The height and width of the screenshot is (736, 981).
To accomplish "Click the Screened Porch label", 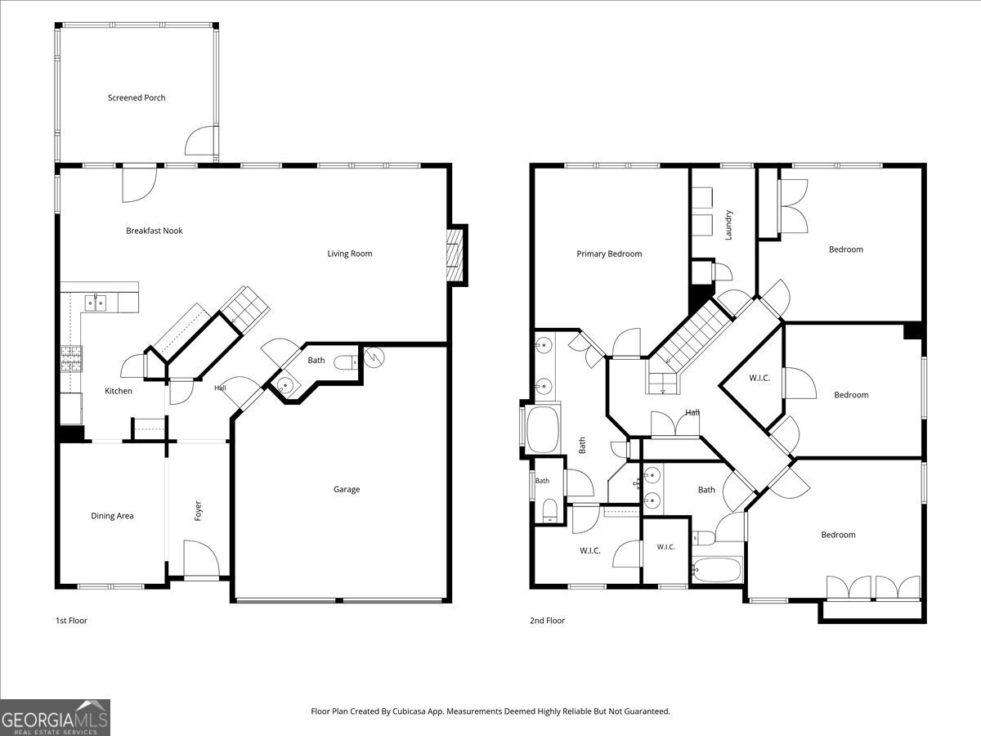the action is pyautogui.click(x=137, y=98).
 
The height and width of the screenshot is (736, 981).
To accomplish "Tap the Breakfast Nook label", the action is pyautogui.click(x=155, y=231).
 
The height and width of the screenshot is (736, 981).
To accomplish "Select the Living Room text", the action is pyautogui.click(x=350, y=254).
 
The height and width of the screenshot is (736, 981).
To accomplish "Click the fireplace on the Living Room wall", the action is pyautogui.click(x=455, y=255).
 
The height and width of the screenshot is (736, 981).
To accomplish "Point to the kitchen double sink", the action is pyautogui.click(x=96, y=303).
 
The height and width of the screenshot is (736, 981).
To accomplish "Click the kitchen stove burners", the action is pyautogui.click(x=71, y=359).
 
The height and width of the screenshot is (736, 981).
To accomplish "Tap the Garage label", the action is pyautogui.click(x=347, y=489).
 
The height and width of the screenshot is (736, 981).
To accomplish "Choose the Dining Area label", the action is pyautogui.click(x=112, y=516).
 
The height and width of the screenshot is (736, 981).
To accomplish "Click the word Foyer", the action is pyautogui.click(x=198, y=511).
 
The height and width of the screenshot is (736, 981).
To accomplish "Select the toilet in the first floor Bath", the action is pyautogui.click(x=346, y=362).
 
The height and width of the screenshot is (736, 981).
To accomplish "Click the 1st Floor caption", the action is pyautogui.click(x=71, y=620).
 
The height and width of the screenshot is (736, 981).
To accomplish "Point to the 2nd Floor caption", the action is pyautogui.click(x=547, y=620).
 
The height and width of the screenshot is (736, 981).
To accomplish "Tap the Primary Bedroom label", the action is pyautogui.click(x=609, y=254).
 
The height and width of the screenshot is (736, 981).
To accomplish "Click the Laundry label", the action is pyautogui.click(x=728, y=225).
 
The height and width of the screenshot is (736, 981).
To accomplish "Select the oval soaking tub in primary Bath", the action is pyautogui.click(x=543, y=429).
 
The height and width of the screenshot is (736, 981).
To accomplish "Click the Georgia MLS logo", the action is pyautogui.click(x=55, y=717).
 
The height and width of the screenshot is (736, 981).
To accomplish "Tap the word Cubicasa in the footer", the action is pyautogui.click(x=410, y=711).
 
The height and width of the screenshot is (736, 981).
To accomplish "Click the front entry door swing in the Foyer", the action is pyautogui.click(x=202, y=559).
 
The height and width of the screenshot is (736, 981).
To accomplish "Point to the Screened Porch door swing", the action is pyautogui.click(x=202, y=141).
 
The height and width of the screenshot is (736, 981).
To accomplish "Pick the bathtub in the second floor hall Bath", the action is pyautogui.click(x=717, y=569).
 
